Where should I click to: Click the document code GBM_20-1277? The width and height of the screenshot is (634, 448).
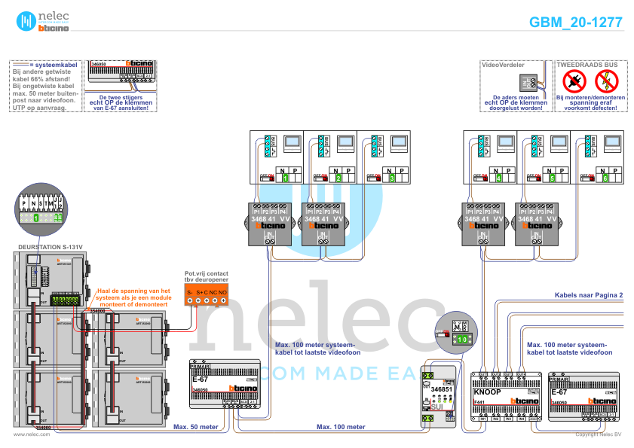tap(575, 22)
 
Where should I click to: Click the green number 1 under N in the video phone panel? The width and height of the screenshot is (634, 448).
tap(286, 178)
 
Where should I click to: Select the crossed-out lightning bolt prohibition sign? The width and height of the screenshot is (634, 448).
tap(606, 80)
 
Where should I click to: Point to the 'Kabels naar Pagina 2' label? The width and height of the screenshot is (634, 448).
tap(589, 296)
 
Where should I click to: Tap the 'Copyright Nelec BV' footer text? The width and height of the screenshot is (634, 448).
tap(599, 434)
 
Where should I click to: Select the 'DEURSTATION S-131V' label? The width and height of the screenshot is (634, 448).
tap(50, 246)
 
